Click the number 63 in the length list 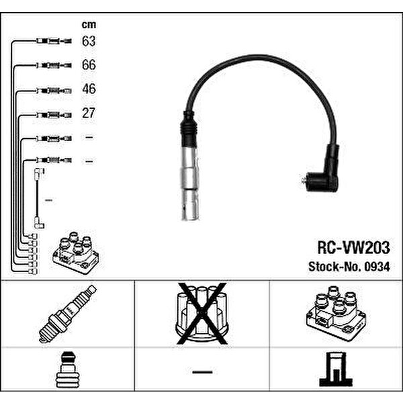coord(89,41)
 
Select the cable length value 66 coord(89,64)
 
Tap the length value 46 coord(89,89)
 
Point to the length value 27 coord(89,113)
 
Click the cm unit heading coord(89,25)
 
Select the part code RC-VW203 coord(354,247)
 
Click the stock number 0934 coord(377,267)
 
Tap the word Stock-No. coord(335,267)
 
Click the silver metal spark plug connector coord(190,183)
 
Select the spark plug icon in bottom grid coord(68,314)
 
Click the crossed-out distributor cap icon coord(202,313)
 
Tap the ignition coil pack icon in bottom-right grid coord(336,313)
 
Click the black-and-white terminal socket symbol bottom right coord(336,369)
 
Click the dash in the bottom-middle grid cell coord(203,372)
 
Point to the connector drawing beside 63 coord(54,41)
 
